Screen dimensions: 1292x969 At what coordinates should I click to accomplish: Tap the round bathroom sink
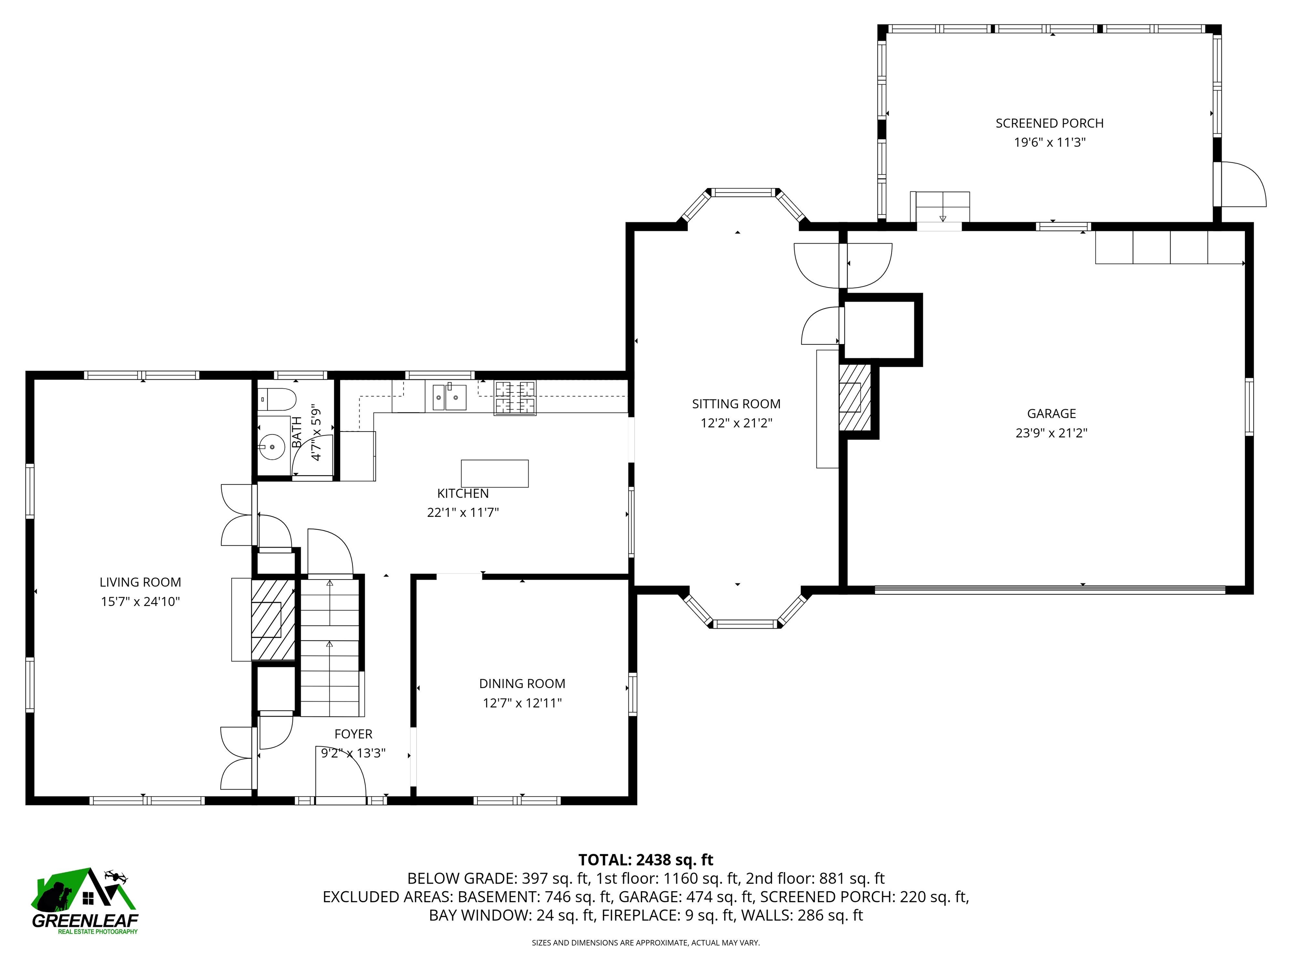point(272,447)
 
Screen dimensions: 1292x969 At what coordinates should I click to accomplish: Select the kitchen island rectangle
point(495,473)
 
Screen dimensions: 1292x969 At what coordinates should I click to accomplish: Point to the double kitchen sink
point(449,397)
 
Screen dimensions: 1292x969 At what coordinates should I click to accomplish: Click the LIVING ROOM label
point(140,582)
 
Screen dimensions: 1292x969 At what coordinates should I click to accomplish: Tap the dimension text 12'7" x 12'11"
point(522,703)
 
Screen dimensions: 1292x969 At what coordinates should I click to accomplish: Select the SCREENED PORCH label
point(1050,123)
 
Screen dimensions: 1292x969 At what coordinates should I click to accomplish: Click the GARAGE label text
point(1051,413)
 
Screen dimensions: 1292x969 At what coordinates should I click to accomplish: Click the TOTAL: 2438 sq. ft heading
point(646,860)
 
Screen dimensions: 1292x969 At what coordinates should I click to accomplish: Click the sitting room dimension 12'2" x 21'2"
point(736,423)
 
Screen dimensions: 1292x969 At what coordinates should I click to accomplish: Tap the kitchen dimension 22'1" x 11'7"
point(463,513)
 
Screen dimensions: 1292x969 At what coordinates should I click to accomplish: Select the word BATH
point(297,432)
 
